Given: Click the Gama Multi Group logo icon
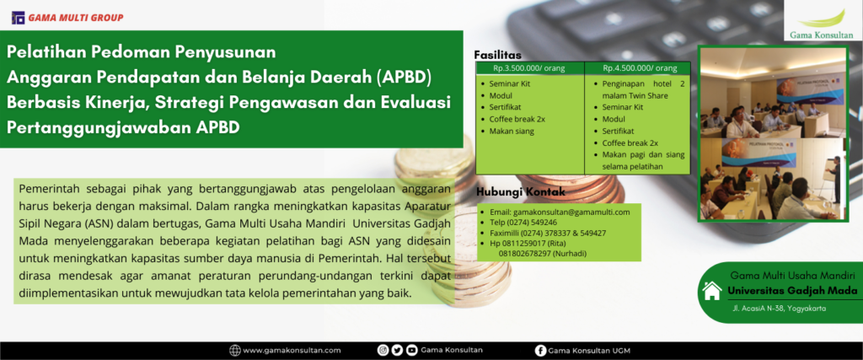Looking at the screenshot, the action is pos(19,18).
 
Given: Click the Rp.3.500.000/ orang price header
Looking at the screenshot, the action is pos(528,68).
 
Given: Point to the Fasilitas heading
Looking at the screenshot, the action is pos(498,55).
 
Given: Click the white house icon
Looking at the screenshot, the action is pos(711,291).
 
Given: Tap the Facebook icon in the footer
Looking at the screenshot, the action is pos(539,350).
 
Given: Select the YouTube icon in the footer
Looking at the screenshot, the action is pos(410,350).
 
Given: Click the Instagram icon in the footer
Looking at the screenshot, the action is pos(383,350).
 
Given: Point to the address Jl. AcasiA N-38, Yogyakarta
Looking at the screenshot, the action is pos(779,309).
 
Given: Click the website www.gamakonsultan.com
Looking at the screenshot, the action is pos(292,350).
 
